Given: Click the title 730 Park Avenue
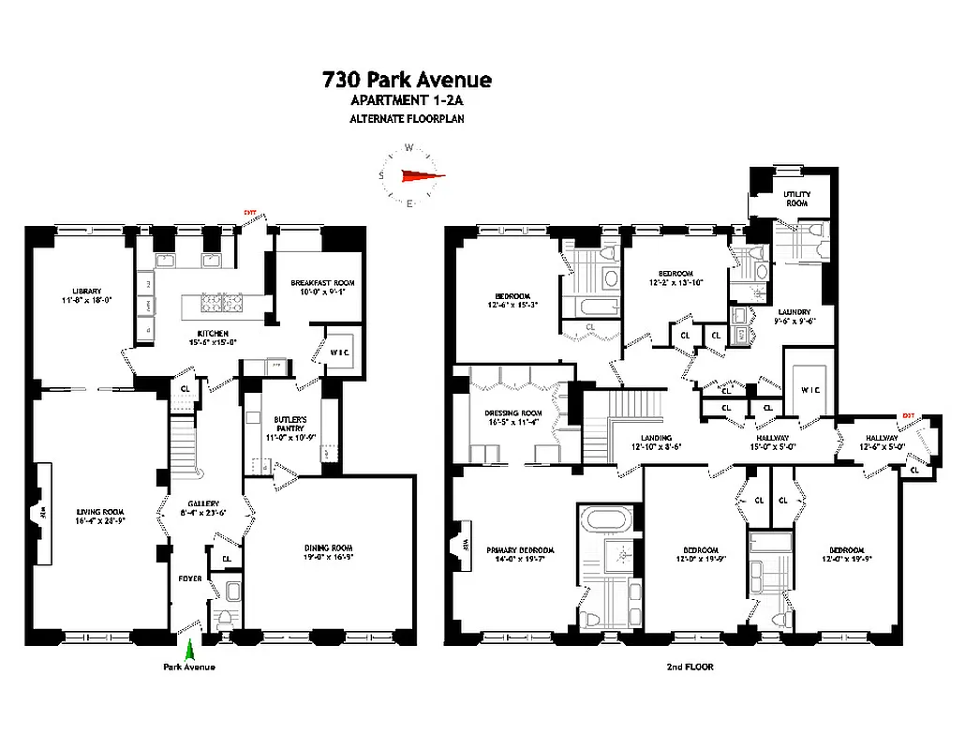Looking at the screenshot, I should click(x=407, y=80).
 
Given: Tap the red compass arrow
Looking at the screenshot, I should click(x=419, y=174).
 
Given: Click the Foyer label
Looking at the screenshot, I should click(x=190, y=577).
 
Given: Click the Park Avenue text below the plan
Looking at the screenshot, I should click(x=189, y=667).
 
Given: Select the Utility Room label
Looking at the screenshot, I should click(x=796, y=198).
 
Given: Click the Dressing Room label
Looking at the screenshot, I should click(x=512, y=417).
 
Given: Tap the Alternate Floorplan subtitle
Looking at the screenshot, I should click(x=407, y=119).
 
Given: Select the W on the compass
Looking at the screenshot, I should click(x=409, y=147).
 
